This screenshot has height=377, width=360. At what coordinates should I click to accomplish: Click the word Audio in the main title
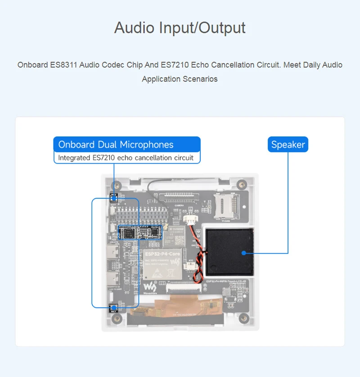point(134,27)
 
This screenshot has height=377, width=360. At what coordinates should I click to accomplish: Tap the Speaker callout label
point(288,145)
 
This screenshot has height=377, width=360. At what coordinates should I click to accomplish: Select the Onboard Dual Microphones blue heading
point(116,145)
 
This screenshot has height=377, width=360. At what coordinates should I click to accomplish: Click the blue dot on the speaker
point(243,253)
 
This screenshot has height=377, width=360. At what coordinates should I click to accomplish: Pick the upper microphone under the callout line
point(114,197)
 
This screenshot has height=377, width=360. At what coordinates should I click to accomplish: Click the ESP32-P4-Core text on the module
point(162,254)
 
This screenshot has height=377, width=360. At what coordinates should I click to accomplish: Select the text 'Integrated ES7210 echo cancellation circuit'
point(126,158)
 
